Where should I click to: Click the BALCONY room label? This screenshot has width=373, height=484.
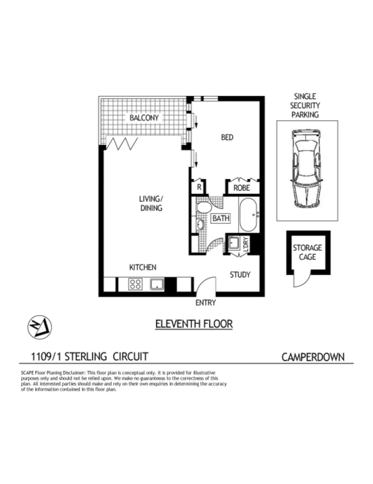pos(144,118)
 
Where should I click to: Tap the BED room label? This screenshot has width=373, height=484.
pos(227,138)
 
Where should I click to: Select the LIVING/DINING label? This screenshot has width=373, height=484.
pos(151,203)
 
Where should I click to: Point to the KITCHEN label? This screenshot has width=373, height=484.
pos(142,267)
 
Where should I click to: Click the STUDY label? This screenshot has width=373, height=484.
pos(240,275)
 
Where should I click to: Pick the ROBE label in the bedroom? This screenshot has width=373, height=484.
pos(242,188)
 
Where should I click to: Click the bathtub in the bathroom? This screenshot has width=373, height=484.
pos(250,214)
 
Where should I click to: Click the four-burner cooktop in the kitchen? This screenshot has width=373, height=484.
pos(135,285)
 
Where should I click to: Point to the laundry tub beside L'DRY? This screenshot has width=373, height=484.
pos(234,243)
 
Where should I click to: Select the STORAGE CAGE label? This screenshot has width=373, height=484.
pos(307,252)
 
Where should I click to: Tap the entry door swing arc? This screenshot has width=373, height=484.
pos(205,286)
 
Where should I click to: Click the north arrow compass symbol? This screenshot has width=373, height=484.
pos(40,328)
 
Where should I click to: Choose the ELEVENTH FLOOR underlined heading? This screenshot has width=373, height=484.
pos(194,324)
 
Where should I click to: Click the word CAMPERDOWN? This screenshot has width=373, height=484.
pos(313,357)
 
